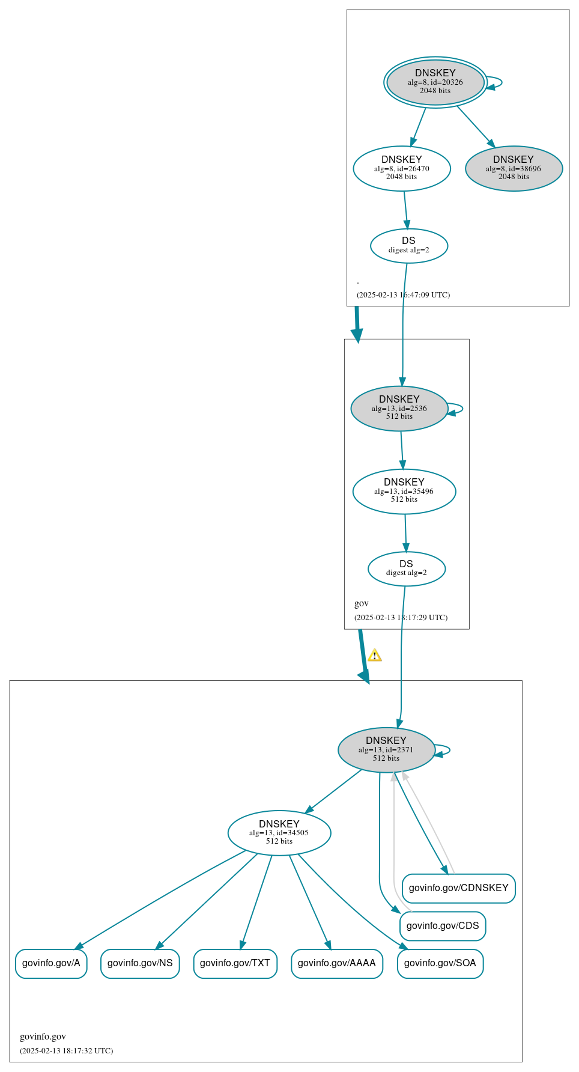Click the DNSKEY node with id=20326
(435, 82)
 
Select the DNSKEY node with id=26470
(402, 169)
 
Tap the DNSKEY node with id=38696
(514, 169)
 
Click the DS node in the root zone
(409, 246)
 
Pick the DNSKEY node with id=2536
(399, 409)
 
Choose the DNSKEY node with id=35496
(404, 492)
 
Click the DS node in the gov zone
(407, 568)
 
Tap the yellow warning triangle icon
(375, 655)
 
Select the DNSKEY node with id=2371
(386, 750)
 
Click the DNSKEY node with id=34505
(279, 833)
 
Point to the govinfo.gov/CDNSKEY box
(458, 888)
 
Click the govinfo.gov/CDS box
(443, 926)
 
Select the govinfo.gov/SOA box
(440, 963)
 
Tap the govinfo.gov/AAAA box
(337, 963)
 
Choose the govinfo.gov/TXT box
(235, 963)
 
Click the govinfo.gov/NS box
(140, 963)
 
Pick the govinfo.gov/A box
(51, 963)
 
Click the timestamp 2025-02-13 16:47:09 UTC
(403, 295)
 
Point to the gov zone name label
(362, 603)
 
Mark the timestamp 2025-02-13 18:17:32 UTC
(66, 1050)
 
